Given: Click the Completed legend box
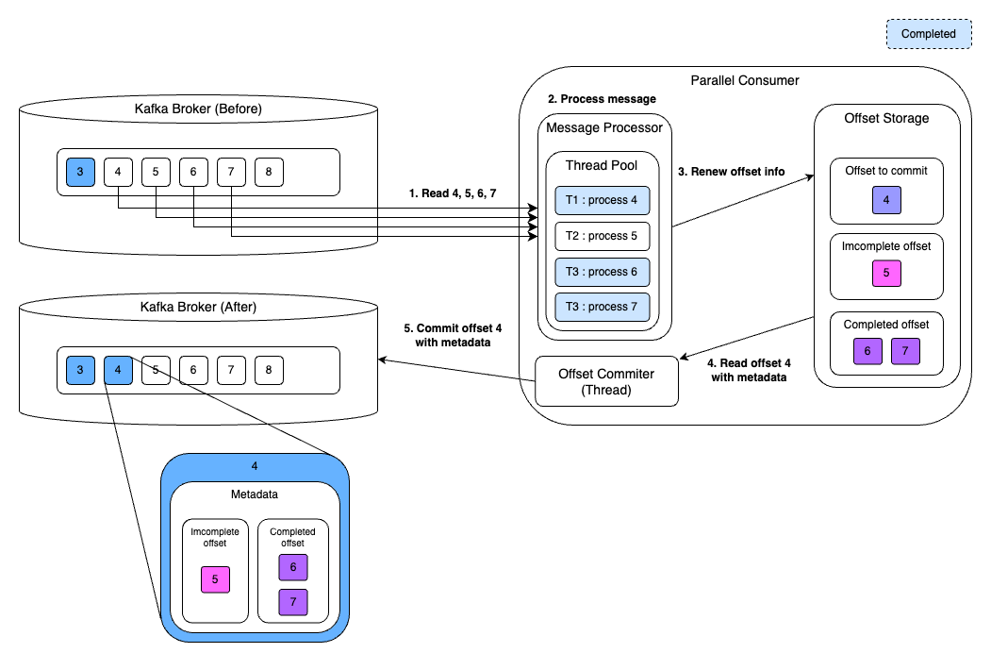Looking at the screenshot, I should point(929,34).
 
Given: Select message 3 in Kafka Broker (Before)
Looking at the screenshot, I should point(80,173).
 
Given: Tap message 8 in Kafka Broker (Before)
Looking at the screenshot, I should point(269,173).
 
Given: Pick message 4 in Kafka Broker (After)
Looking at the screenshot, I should point(118,370).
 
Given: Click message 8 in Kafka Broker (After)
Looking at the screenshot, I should point(269,370).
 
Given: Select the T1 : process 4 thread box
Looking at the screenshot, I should point(603,200).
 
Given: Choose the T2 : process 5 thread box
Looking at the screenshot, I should point(603,236).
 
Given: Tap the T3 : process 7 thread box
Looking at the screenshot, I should point(603,308).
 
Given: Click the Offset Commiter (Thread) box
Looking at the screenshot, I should point(607,381).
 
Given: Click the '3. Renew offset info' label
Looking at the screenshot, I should point(731,172).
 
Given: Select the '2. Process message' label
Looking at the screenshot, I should point(602,99).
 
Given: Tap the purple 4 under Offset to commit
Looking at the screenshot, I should point(886,200).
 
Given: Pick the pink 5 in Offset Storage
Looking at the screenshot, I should point(886,274).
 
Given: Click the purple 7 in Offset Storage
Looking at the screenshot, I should point(905,351).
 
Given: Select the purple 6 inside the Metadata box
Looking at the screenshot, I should point(293,567).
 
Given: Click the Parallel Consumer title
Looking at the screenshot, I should point(745,80).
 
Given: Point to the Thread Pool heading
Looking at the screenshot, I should point(601,165).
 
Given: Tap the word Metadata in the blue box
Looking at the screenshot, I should point(255,494).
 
